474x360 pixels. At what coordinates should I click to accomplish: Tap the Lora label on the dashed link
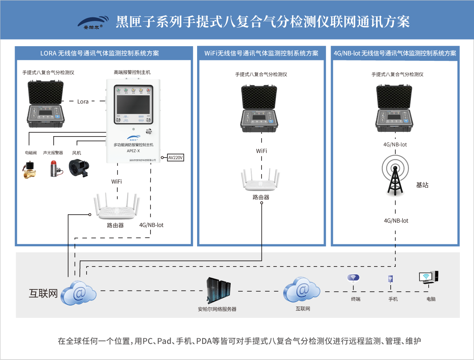click(x=83, y=101)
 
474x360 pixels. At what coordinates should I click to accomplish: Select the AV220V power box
click(x=176, y=157)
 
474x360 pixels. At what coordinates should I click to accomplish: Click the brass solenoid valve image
click(x=30, y=169)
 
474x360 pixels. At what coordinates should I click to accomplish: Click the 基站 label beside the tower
click(x=422, y=185)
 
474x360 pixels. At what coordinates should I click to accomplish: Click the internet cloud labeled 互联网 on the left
click(x=79, y=292)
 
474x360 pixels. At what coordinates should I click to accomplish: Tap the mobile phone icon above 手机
click(x=390, y=279)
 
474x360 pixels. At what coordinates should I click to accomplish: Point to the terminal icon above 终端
click(x=353, y=279)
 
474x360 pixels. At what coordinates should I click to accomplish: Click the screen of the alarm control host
click(x=133, y=104)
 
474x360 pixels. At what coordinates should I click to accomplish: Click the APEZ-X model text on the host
click(x=133, y=151)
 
